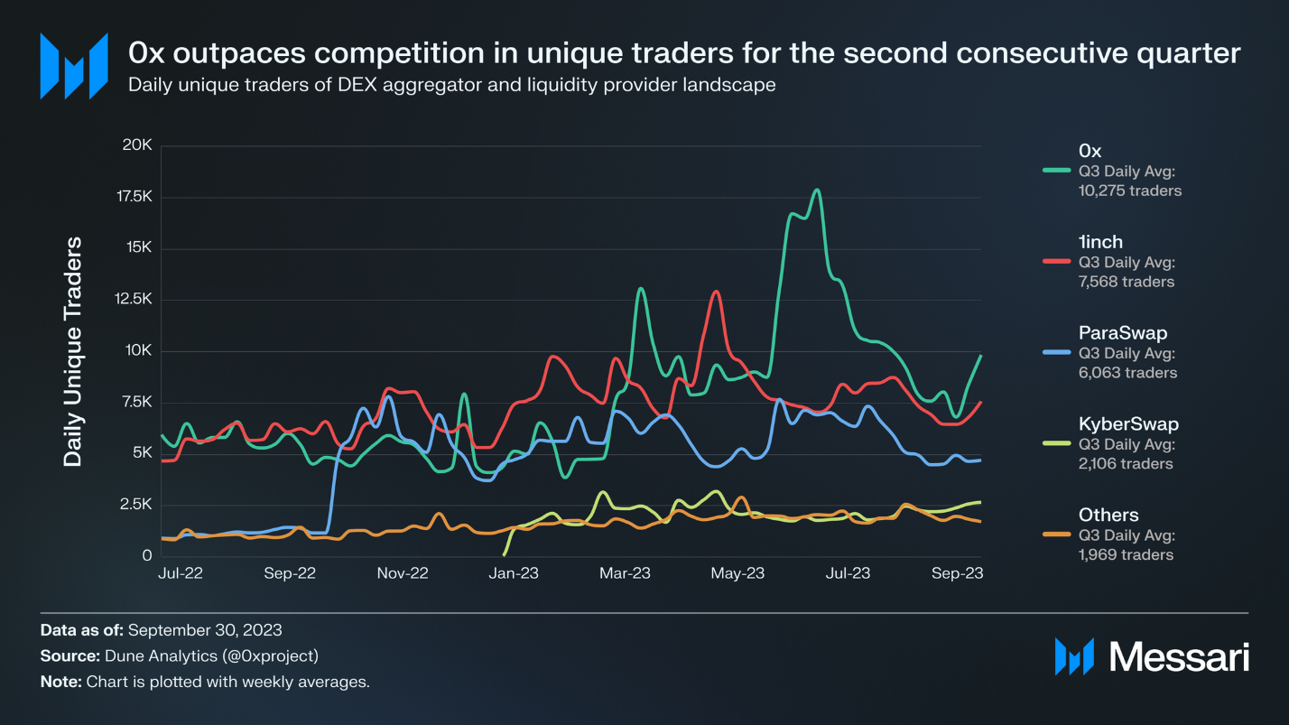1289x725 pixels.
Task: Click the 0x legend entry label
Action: click(1090, 150)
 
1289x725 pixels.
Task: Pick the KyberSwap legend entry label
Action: click(1128, 423)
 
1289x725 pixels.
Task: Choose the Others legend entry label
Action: click(1108, 515)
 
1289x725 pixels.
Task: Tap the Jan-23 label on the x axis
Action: click(514, 573)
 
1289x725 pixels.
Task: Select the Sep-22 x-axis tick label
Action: click(290, 573)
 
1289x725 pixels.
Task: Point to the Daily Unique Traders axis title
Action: click(73, 351)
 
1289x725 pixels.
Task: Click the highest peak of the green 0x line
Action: click(817, 191)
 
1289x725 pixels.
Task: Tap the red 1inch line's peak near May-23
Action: click(716, 292)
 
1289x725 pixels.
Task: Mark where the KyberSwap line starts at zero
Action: click(505, 554)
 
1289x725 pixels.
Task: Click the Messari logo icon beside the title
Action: click(74, 66)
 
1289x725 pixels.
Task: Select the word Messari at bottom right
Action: click(1179, 656)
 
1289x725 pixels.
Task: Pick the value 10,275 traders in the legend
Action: click(1129, 191)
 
